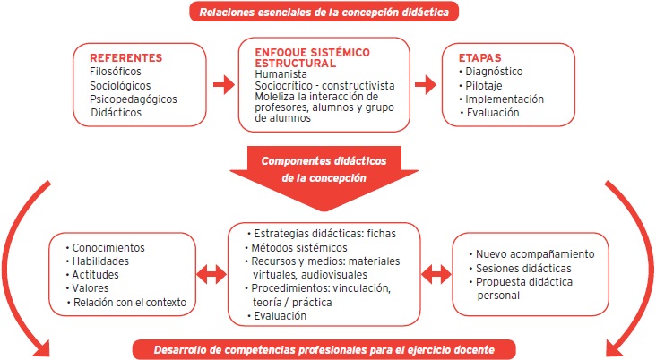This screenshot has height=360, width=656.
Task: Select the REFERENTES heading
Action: (126, 58)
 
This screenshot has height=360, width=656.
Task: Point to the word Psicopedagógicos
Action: (134, 99)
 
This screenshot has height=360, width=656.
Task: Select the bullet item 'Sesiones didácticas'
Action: (524, 268)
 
